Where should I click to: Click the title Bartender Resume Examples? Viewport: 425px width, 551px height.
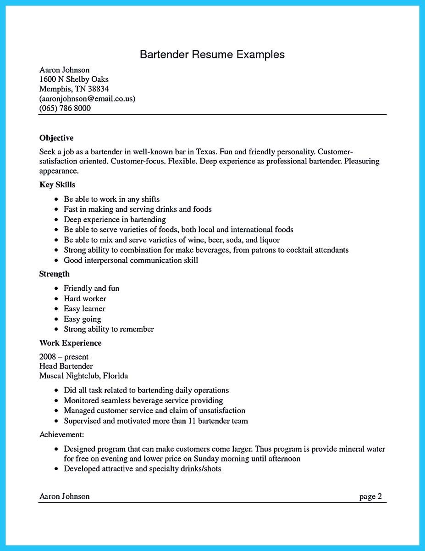pos(212,54)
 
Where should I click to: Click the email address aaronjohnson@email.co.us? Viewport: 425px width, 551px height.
pos(87,99)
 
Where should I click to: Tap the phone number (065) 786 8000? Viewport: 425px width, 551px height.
pos(65,108)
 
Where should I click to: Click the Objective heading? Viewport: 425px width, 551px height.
pos(56,138)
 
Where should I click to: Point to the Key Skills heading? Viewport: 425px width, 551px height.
pos(57,185)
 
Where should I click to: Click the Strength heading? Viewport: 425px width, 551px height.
pos(55,274)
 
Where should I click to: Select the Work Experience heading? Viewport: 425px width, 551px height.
pos(70,343)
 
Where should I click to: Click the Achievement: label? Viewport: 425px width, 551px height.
pos(61,434)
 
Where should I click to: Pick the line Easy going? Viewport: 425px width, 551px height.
pos(82,319)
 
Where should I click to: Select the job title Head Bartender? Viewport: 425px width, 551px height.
pos(66,366)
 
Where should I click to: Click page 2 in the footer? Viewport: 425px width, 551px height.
pos(370,496)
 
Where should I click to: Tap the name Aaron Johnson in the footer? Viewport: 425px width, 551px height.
pos(65,496)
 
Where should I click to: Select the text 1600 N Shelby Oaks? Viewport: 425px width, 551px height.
pos(74,79)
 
